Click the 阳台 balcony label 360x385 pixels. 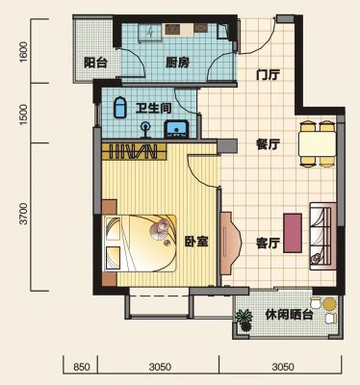95,63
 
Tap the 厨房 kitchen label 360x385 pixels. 177,63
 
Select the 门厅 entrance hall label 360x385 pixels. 269,75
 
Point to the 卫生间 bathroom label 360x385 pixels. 153,108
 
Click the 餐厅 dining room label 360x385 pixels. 268,144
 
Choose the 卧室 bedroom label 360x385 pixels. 196,242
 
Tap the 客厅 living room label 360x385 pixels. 268,243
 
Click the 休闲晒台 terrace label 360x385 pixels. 289,315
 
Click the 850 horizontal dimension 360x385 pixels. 81,367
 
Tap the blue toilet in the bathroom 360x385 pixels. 120,108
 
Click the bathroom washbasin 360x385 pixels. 176,129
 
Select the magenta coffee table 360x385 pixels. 293,233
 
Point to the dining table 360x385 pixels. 317,143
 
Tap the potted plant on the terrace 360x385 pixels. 244,320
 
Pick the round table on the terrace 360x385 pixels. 329,303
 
